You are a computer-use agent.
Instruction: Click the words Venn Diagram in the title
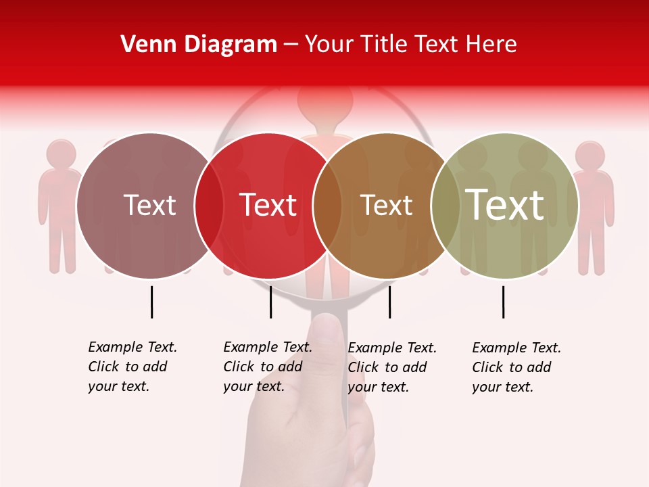[199, 45]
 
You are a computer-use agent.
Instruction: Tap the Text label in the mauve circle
[149, 205]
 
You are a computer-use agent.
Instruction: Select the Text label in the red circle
[268, 205]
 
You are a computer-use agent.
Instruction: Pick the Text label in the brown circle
[386, 205]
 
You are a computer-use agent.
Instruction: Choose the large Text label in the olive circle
[505, 204]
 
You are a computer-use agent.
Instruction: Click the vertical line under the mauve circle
[151, 302]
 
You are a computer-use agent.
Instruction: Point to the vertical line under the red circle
[270, 302]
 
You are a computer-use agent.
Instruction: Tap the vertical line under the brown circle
[389, 302]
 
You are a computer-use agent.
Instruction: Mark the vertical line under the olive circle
[503, 302]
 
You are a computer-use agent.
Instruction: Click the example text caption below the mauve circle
[133, 367]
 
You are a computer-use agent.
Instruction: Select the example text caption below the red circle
[268, 367]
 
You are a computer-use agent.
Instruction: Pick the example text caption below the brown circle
[392, 367]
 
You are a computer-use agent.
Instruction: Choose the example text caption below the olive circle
[516, 367]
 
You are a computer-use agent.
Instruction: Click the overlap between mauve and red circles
[209, 206]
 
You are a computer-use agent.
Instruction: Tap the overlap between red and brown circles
[327, 206]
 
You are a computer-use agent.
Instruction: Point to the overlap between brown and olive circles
[446, 206]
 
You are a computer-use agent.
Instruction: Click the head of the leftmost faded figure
[62, 154]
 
